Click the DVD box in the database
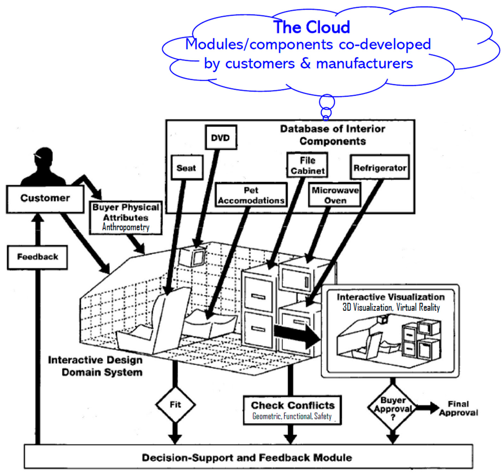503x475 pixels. [221, 138]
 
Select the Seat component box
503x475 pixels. [187, 168]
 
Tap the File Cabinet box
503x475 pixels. [307, 165]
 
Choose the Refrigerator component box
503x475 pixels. [380, 167]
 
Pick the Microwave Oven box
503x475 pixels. [335, 195]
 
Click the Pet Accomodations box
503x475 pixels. [251, 195]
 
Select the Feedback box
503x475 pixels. [37, 257]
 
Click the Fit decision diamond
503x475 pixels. [175, 405]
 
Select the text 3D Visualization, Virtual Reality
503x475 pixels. [391, 307]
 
